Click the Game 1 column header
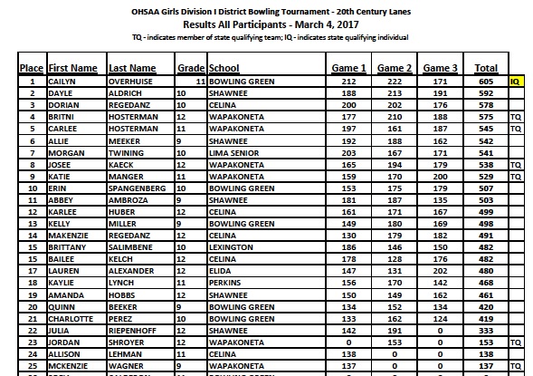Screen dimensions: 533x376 [348, 68]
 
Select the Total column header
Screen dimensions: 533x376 [486, 68]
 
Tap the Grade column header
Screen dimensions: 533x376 [190, 68]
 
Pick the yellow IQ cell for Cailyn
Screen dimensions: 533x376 [516, 81]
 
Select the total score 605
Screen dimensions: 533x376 [486, 81]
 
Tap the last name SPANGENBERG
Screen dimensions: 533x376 [141, 187]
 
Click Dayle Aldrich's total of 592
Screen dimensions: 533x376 [486, 92]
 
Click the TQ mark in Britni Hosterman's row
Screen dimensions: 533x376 [516, 118]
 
